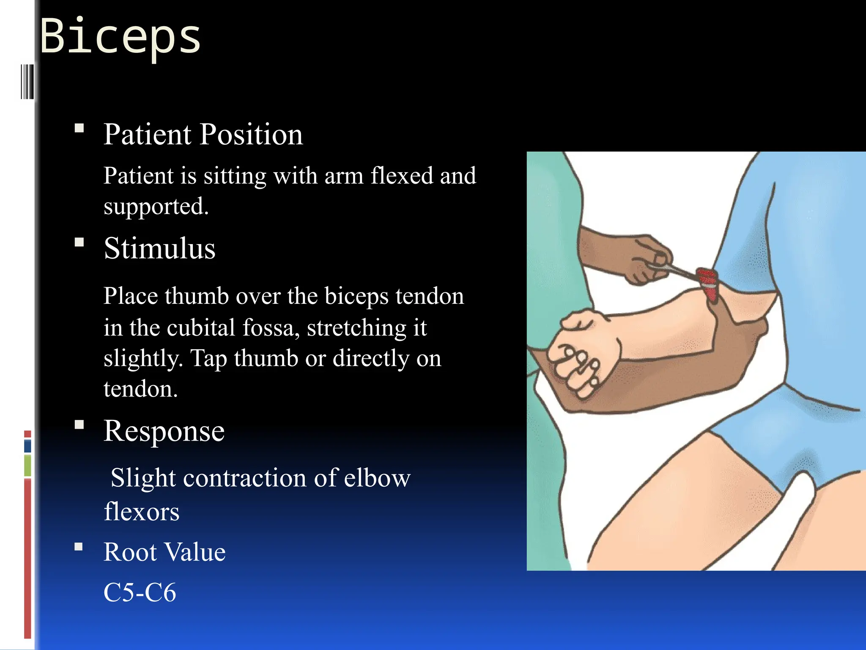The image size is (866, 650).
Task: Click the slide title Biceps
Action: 121,37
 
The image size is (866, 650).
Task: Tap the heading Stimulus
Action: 160,248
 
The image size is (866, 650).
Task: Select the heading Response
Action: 164,431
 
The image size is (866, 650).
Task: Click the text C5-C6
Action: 140,592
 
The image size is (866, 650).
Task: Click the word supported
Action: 156,207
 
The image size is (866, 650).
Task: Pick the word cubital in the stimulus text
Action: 201,328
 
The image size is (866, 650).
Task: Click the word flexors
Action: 142,512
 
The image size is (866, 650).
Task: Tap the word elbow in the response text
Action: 377,478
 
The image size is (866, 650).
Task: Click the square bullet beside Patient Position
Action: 79,128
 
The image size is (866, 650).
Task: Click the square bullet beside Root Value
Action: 79,546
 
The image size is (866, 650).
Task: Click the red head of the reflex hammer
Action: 707,281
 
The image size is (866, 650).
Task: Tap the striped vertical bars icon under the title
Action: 27,81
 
